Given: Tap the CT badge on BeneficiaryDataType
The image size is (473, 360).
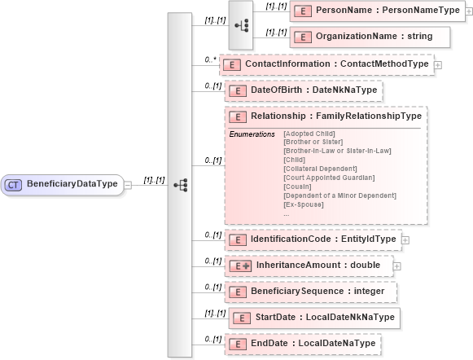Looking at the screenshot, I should tap(14, 185).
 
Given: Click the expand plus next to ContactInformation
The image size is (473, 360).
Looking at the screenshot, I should tap(438, 64).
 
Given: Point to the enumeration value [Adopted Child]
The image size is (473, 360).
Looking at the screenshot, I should tap(308, 133).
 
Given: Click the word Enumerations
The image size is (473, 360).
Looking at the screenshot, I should tap(252, 134).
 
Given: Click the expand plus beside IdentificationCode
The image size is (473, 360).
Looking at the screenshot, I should tap(405, 239).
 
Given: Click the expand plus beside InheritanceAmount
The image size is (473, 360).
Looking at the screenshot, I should tap(397, 266).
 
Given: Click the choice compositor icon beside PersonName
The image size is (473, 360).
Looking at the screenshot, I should tap(241, 24).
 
